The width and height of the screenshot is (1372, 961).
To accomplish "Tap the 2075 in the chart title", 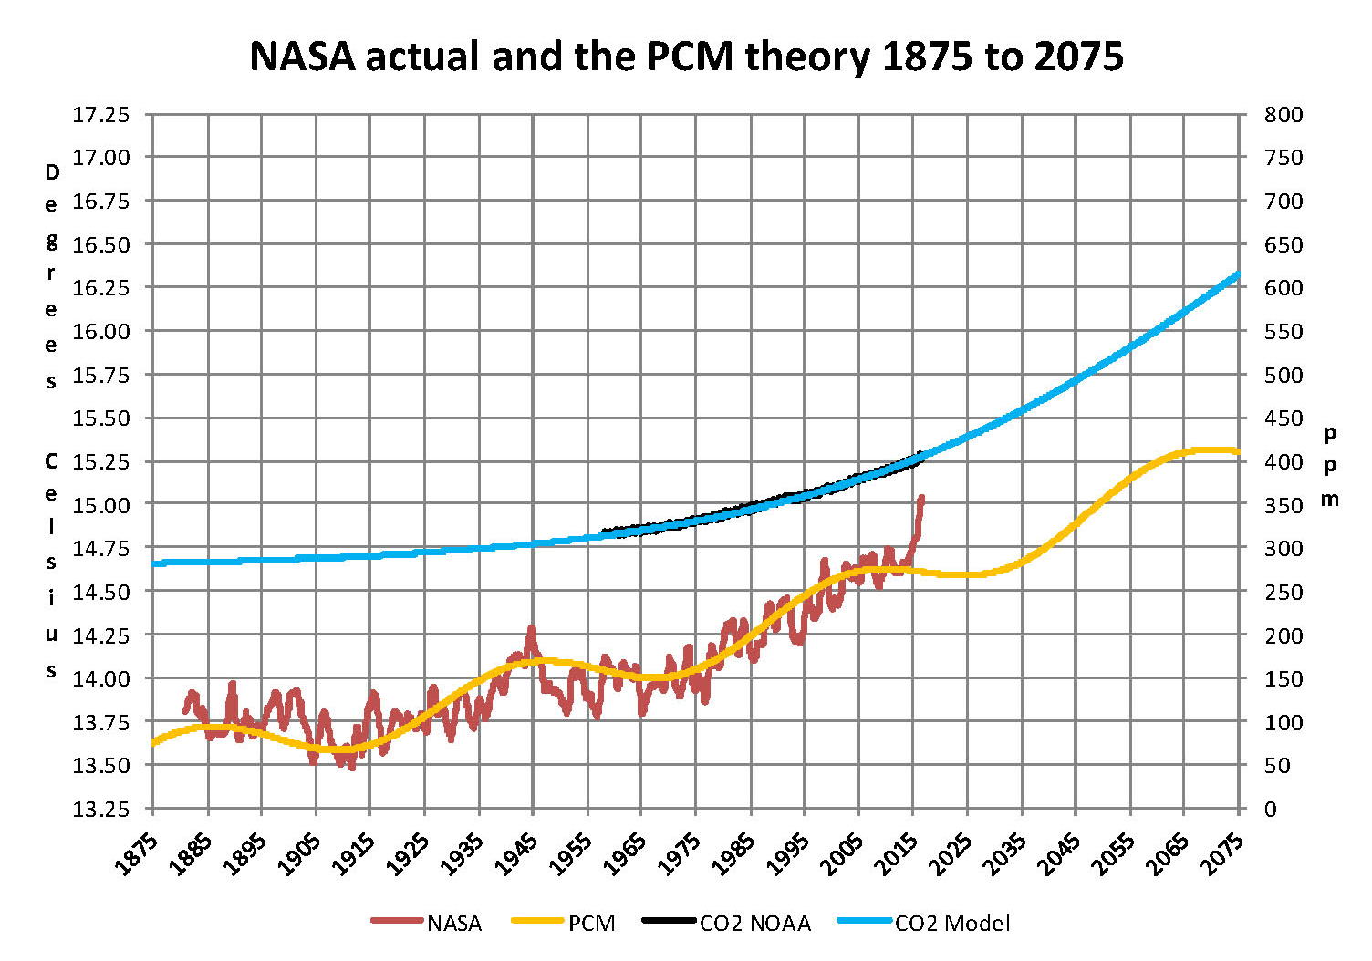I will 1078,57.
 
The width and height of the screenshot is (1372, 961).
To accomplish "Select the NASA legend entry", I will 453,923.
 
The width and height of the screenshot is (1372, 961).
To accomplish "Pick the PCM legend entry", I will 591,923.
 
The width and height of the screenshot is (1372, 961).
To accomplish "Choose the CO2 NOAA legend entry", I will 754,923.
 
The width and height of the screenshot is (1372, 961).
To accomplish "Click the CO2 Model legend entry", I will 951,923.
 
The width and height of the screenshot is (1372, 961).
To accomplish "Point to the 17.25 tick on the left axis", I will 101,115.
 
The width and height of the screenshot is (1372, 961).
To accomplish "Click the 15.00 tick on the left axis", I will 101,504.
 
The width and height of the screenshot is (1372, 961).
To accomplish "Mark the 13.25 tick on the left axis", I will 101,809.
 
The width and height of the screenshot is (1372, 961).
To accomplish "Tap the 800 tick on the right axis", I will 1284,115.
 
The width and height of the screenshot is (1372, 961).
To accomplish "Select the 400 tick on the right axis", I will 1284,461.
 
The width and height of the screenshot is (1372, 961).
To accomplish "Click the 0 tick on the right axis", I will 1271,809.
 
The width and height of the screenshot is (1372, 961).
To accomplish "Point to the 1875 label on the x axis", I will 136,852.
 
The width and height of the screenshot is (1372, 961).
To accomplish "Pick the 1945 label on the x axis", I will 516,852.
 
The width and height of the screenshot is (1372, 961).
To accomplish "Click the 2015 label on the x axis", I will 897,852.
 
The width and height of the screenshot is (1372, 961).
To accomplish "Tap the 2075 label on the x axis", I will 1222,852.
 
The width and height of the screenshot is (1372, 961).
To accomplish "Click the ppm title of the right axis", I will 1330,465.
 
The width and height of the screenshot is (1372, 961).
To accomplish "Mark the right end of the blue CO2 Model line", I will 1237,274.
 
